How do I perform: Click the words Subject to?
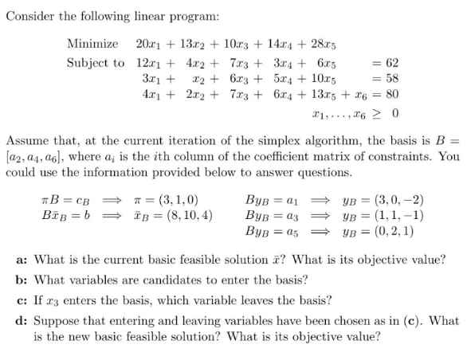96,63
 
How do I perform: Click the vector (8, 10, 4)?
185,215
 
